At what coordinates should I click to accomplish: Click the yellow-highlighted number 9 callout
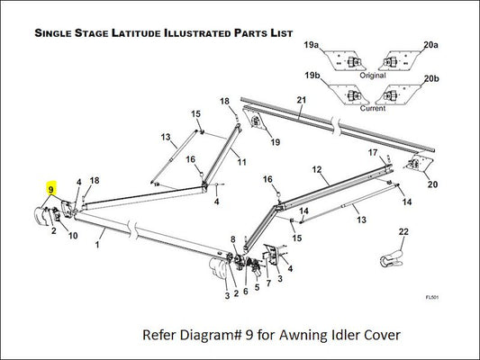(x=50, y=189)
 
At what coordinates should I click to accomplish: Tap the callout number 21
(x=302, y=100)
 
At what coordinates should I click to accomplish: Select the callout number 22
(x=403, y=231)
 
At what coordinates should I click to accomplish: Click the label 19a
(x=311, y=45)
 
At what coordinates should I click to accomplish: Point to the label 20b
(x=431, y=78)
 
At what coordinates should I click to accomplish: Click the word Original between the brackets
(x=373, y=76)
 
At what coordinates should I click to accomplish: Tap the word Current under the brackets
(x=373, y=108)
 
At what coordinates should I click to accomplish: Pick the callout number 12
(x=317, y=169)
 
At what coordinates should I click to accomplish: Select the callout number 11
(x=242, y=162)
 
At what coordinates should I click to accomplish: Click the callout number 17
(x=373, y=152)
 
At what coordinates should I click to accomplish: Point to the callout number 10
(x=73, y=236)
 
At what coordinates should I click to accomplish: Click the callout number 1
(x=97, y=245)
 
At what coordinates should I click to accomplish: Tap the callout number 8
(x=233, y=239)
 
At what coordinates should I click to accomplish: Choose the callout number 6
(x=246, y=292)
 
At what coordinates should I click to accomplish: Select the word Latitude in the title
(x=137, y=33)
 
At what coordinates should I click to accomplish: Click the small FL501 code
(x=432, y=297)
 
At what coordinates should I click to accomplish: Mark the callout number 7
(x=268, y=283)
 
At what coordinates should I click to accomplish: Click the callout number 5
(x=258, y=287)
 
